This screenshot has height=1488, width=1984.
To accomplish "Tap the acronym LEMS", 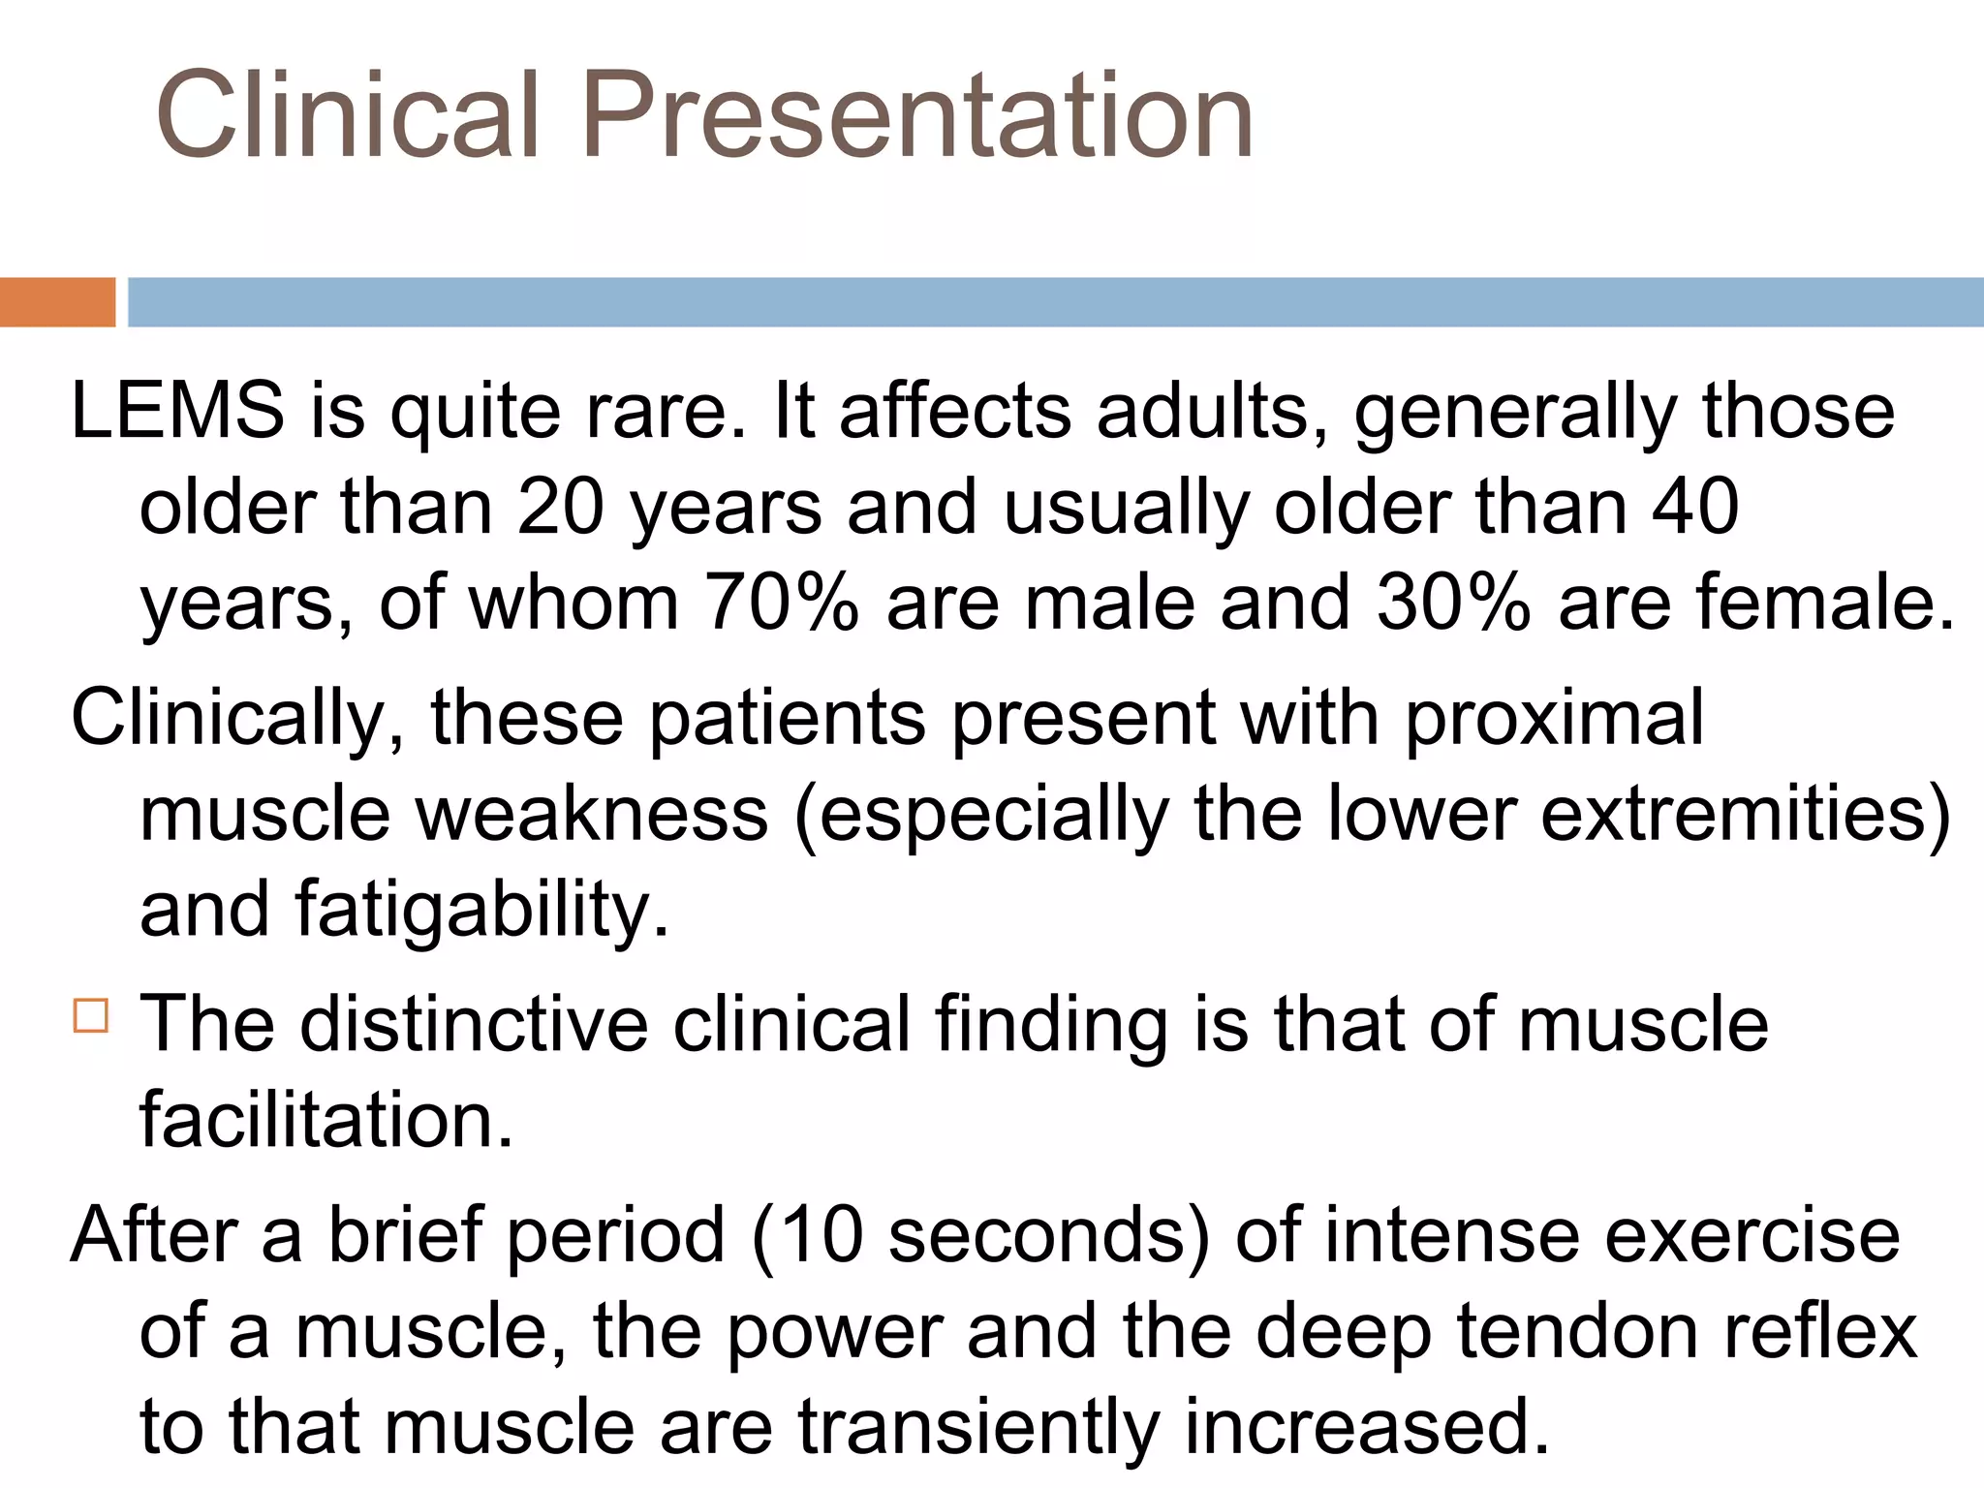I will point(177,411).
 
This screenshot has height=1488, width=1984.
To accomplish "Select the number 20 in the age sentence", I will point(561,507).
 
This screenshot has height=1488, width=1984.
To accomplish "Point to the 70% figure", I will point(782,603).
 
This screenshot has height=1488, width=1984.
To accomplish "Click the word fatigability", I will point(481,909).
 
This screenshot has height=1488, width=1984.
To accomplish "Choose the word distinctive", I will point(474,1024).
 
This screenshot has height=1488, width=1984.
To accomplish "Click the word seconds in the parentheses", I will point(1048,1235).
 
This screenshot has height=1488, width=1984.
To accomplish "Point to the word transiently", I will point(978,1426).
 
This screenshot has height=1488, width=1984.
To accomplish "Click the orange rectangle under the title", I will point(57,302).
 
